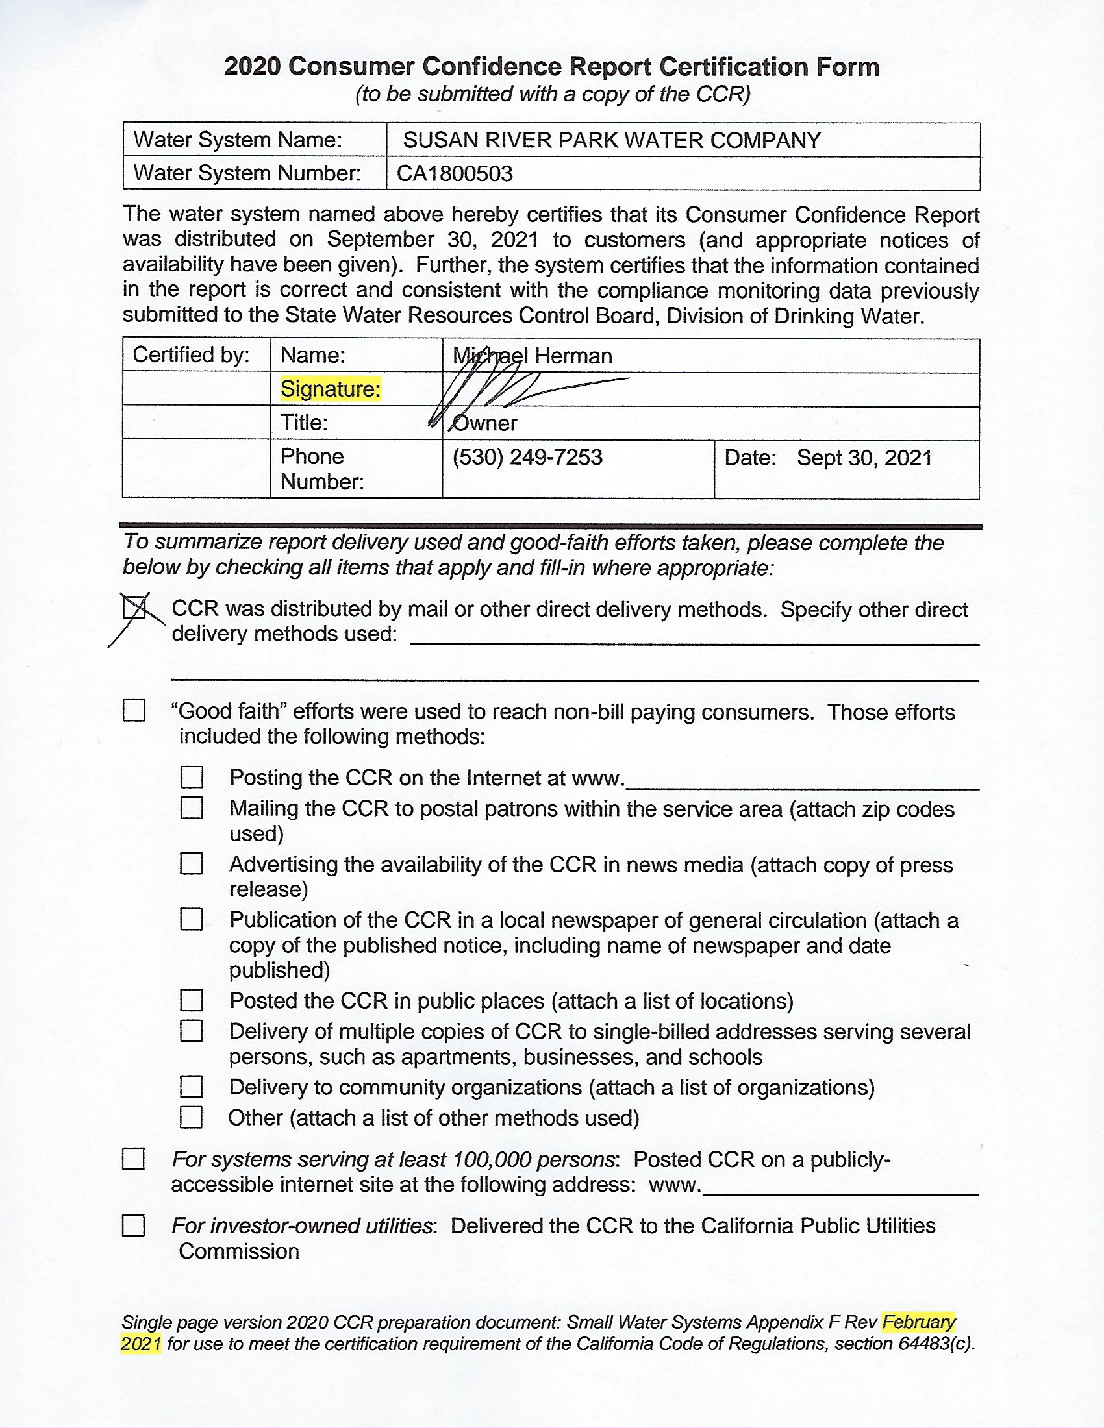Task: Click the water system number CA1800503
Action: pyautogui.click(x=455, y=173)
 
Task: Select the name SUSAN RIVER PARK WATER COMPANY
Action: pyautogui.click(x=612, y=140)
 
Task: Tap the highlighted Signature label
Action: pyautogui.click(x=331, y=389)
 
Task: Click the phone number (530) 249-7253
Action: pyautogui.click(x=527, y=457)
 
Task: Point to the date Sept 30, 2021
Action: pyautogui.click(x=864, y=458)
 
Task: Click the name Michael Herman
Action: pyautogui.click(x=533, y=356)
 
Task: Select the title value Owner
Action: pyautogui.click(x=484, y=423)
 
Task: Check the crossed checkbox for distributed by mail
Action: pyautogui.click(x=134, y=608)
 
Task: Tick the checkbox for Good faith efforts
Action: pyautogui.click(x=134, y=711)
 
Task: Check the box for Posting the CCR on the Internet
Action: pyautogui.click(x=192, y=777)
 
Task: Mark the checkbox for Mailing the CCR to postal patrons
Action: pyautogui.click(x=192, y=808)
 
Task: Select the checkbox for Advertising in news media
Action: pyautogui.click(x=192, y=864)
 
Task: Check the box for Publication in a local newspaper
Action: pyautogui.click(x=192, y=919)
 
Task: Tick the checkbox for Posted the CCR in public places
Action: pyautogui.click(x=192, y=1000)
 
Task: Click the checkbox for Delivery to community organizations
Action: pyautogui.click(x=192, y=1087)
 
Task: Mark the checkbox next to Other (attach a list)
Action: pyautogui.click(x=191, y=1118)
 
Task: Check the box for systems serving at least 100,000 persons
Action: pyautogui.click(x=133, y=1159)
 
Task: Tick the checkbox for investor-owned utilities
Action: pyautogui.click(x=133, y=1225)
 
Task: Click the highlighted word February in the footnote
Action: pyautogui.click(x=918, y=1322)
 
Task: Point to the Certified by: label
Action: pyautogui.click(x=191, y=355)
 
